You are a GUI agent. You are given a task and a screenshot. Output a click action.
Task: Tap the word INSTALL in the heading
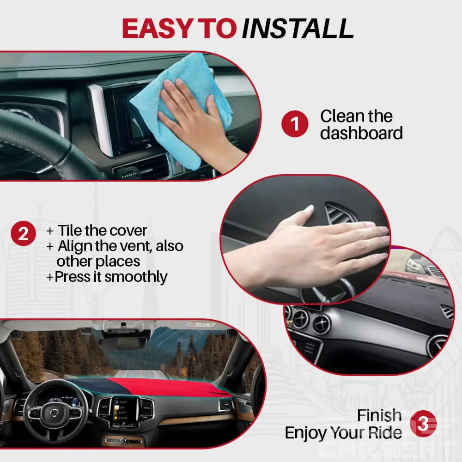coord(298,29)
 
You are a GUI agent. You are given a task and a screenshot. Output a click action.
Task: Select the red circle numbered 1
coord(294,124)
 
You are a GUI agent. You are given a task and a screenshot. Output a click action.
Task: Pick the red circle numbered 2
coord(23,234)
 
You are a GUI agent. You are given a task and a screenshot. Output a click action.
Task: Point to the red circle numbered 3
coord(423,424)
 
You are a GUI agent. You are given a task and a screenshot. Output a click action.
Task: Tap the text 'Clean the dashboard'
coord(361,124)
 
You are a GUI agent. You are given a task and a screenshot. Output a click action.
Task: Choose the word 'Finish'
coord(379,416)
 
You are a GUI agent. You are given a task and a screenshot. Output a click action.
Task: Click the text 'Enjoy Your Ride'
coord(343,433)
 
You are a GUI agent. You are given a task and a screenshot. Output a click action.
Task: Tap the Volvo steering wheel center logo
coord(54,412)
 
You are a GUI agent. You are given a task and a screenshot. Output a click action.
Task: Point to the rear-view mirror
coord(123,344)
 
